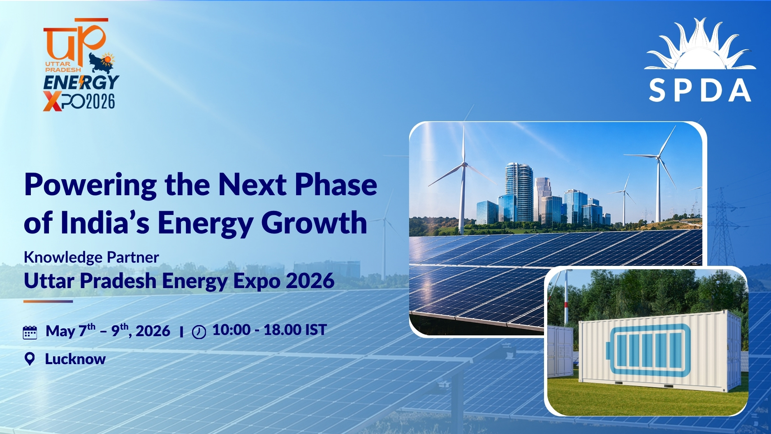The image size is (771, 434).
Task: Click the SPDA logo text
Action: pos(700,91)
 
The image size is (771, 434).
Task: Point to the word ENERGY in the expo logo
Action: pos(81,82)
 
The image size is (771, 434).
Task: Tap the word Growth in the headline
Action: pos(314,223)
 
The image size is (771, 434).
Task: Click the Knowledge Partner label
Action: pos(91,257)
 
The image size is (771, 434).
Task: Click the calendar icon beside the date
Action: pos(30,332)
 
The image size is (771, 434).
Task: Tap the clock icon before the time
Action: pos(199,332)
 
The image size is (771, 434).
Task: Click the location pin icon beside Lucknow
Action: pos(30,359)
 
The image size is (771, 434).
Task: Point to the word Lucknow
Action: pos(75,359)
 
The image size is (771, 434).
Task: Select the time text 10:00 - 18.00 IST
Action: pos(269,330)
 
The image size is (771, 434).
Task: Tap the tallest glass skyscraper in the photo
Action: pos(519,192)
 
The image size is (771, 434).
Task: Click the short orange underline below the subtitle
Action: pos(48,301)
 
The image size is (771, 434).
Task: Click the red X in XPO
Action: pos(52,102)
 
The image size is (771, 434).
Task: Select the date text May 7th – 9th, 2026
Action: pos(108,330)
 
